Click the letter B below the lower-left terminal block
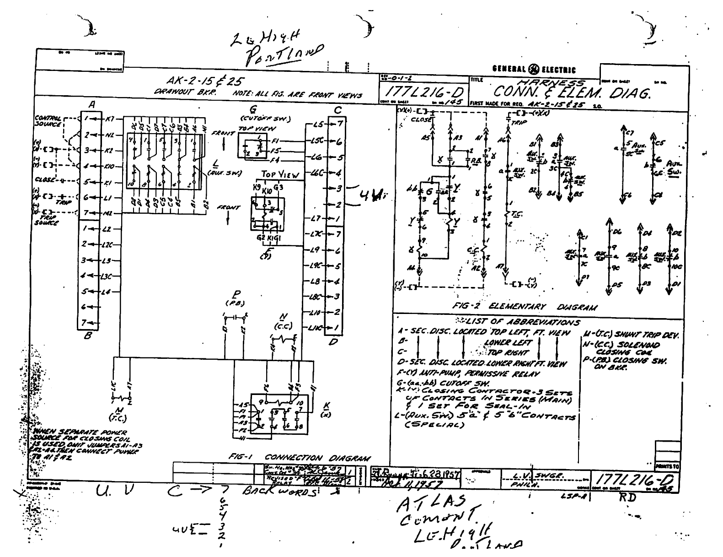[88, 337]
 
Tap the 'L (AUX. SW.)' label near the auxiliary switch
[214, 169]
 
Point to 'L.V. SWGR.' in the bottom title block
[527, 476]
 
